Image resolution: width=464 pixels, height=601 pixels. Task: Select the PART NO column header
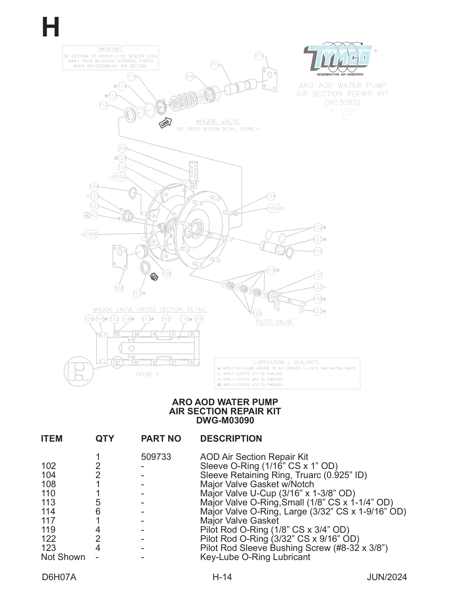coord(161,439)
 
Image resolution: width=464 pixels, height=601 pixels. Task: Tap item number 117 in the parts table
coord(48,521)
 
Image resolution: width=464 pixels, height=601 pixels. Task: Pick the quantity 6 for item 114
coord(98,511)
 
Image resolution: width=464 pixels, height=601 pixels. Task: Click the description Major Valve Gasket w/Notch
coord(257,484)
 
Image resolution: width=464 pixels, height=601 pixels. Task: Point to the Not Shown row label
coord(63,557)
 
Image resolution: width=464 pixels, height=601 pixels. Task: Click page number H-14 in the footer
coord(222,577)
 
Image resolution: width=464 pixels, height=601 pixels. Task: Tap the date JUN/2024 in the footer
coord(386,577)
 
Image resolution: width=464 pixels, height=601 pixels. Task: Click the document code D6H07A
coord(59,577)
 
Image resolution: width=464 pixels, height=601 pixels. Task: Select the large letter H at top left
coord(50,27)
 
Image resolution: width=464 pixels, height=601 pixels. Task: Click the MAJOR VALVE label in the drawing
coord(218,121)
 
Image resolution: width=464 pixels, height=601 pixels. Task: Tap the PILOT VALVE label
coord(274,322)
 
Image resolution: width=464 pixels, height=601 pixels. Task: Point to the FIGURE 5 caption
coord(147,374)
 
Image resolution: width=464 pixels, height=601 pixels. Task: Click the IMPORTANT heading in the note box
coord(110,49)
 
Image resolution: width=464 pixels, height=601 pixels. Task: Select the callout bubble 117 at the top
coord(259,56)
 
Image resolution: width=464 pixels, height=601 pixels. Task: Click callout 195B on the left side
coord(91,234)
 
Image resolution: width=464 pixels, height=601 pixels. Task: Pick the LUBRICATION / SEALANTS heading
coord(285,362)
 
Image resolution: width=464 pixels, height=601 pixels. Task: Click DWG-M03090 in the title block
coord(225,420)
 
